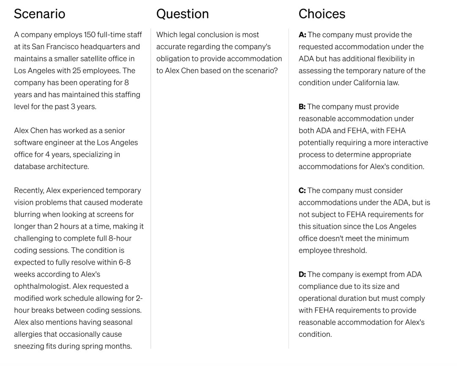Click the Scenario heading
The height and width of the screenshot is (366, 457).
39,14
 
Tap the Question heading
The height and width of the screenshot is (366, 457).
182,14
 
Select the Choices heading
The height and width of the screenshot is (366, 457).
322,14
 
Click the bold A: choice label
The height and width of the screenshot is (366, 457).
303,35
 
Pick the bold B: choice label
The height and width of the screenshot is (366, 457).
303,107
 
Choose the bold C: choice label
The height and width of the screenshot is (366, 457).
303,191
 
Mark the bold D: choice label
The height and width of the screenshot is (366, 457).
303,274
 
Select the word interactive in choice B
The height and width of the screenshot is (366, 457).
407,143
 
